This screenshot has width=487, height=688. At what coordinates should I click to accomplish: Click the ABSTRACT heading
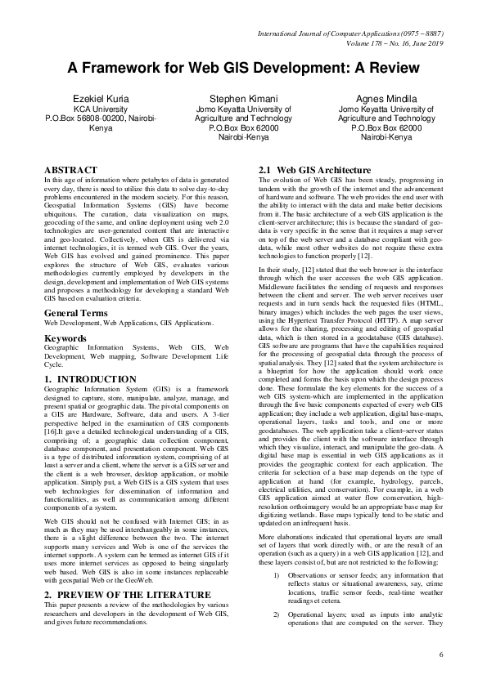74,170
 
